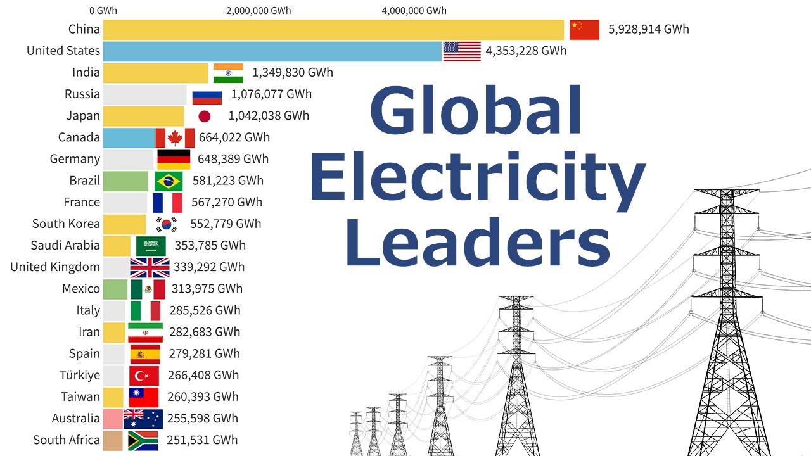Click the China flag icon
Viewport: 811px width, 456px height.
[584, 30]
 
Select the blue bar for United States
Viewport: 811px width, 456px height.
[272, 51]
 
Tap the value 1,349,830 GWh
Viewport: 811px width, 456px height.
[292, 72]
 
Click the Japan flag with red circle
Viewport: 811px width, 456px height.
[204, 116]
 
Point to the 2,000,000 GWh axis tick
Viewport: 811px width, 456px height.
[258, 11]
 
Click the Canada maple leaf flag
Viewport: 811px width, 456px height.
[175, 137]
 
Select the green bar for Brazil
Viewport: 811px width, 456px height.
[125, 181]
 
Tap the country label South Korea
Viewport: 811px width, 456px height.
[66, 224]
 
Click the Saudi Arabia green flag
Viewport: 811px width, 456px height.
[151, 246]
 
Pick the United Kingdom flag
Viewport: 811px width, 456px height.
[150, 267]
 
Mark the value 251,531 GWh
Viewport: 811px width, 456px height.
[202, 440]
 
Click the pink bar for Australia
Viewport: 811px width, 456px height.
[113, 419]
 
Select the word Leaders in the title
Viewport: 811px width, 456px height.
[476, 246]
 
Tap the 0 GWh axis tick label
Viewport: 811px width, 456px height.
[103, 11]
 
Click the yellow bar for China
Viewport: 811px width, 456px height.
[333, 30]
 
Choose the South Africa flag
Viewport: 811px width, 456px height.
[143, 440]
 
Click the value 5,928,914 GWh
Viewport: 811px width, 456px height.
[648, 29]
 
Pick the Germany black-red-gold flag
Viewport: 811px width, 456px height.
[173, 159]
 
